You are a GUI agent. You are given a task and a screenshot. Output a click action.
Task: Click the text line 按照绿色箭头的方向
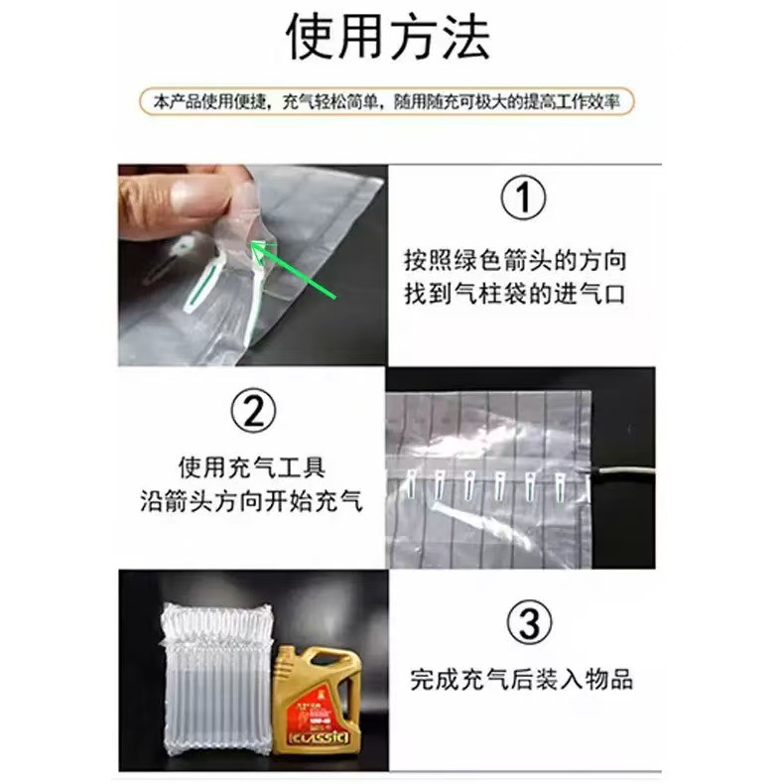(x=515, y=260)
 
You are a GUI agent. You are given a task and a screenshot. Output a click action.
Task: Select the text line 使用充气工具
(x=251, y=466)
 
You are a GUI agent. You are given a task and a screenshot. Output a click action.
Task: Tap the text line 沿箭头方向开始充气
(x=251, y=501)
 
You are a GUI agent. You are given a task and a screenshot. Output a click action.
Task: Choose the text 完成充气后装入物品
(x=521, y=680)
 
